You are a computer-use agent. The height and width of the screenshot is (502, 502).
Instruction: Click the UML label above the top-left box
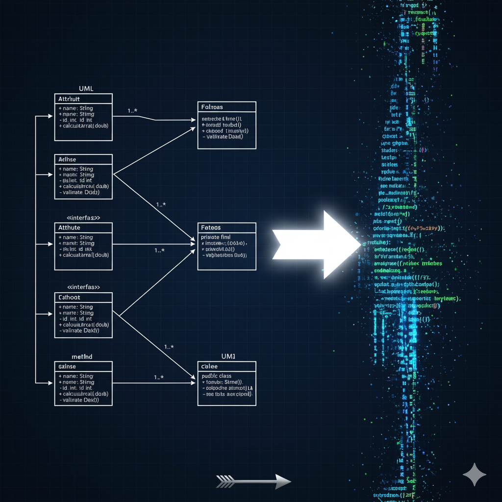point(86,89)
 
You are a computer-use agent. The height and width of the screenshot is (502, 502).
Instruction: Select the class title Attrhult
point(69,99)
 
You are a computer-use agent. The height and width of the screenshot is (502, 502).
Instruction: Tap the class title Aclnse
point(67,159)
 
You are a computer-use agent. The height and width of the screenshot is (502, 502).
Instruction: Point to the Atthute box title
point(69,227)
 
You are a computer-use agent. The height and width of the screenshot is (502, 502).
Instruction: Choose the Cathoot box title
point(69,297)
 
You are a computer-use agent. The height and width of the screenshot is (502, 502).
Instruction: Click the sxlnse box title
point(67,367)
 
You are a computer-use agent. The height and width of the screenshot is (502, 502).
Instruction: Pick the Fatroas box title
point(212,107)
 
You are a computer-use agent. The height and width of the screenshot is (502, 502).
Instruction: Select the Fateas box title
point(211,227)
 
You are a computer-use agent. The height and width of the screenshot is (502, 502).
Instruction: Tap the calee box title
point(209,367)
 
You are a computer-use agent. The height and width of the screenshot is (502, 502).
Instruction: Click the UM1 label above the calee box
point(228,356)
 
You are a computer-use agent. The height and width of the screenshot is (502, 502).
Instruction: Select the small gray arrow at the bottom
point(253,481)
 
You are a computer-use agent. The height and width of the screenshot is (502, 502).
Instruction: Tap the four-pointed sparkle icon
point(475,475)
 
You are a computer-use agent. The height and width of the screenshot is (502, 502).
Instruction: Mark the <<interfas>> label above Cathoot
point(83,287)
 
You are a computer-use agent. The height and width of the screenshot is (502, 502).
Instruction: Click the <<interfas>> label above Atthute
point(83,217)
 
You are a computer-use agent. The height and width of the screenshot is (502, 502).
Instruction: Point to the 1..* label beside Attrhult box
point(133,111)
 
